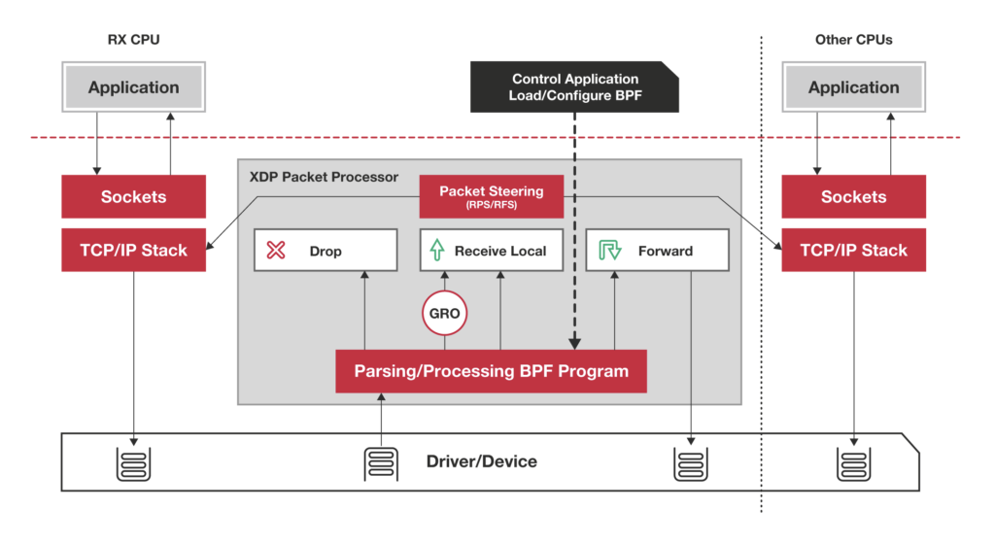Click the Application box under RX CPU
point(133,87)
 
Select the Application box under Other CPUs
point(853,87)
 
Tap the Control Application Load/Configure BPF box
point(575,87)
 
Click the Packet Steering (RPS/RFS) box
point(491,196)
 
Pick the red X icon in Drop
point(276,251)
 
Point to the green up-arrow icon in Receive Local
point(438,251)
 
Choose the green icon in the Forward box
point(609,251)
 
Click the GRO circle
point(445,315)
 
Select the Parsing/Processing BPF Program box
point(491,371)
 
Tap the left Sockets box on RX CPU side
point(133,196)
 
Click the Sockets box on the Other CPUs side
point(853,196)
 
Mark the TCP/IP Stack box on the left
point(133,250)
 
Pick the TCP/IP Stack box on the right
point(853,250)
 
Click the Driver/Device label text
point(481,461)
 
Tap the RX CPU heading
point(133,40)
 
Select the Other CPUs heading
point(853,40)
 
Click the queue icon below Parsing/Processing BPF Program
point(381,463)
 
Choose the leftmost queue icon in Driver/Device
point(133,463)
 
